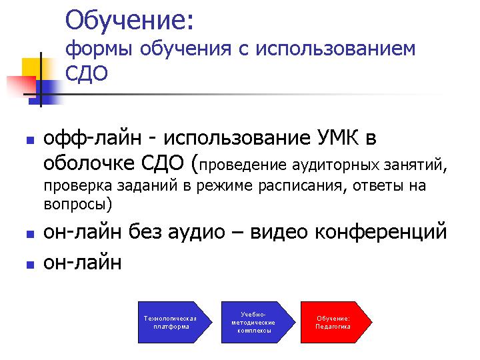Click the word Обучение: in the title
(x=129, y=21)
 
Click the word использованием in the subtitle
(x=335, y=49)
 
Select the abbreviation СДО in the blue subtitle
(x=86, y=73)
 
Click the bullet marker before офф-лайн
(x=30, y=141)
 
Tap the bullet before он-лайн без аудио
(x=30, y=235)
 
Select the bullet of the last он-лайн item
(x=30, y=265)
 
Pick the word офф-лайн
(x=93, y=139)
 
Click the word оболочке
(x=89, y=163)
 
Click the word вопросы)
(x=78, y=204)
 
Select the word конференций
(x=381, y=232)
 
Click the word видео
(x=279, y=232)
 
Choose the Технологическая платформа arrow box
(x=175, y=323)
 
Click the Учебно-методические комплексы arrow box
(x=258, y=323)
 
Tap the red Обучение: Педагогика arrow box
(x=337, y=323)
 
